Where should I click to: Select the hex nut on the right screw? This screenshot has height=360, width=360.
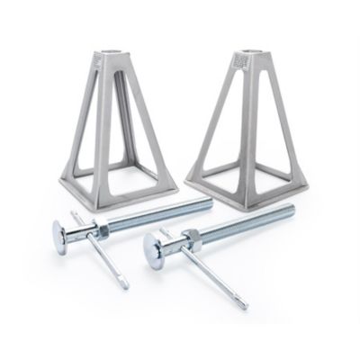tap(193, 238)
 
